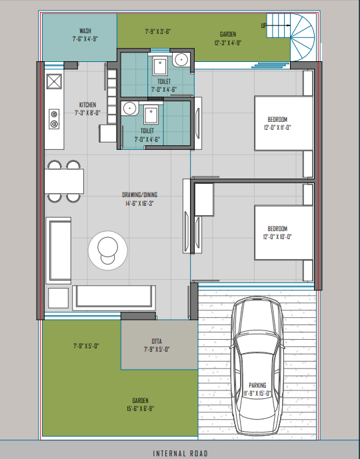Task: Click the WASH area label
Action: [85, 31]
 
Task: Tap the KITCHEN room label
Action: [87, 105]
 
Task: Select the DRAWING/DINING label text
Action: [140, 195]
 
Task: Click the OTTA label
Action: [157, 341]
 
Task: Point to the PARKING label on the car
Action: [257, 385]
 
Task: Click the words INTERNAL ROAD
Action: [180, 454]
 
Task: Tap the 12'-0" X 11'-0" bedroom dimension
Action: [277, 128]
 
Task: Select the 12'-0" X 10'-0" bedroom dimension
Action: [277, 236]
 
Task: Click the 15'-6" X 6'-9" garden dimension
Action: [140, 408]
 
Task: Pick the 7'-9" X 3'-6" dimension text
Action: [158, 31]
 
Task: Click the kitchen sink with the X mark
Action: [54, 81]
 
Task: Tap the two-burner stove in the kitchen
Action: [54, 119]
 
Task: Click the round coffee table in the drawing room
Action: [108, 250]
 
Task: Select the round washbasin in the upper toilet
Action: [180, 60]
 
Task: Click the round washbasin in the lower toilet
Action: [129, 108]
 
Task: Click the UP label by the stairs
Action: [263, 25]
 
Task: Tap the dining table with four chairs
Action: [64, 181]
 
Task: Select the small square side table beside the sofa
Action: [58, 298]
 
